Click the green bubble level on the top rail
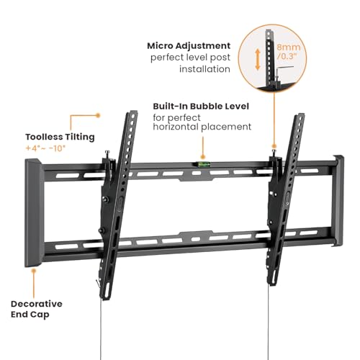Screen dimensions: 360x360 click(x=204, y=164)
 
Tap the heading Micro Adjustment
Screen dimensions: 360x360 click(x=189, y=46)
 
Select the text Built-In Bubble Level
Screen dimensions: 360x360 click(x=201, y=106)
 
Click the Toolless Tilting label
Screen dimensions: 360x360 click(x=60, y=138)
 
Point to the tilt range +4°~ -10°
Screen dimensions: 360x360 click(x=45, y=148)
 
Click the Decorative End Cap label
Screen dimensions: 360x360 click(x=37, y=309)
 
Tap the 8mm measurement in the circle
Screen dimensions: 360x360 click(x=289, y=47)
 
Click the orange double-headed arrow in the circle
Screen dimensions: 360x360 click(x=258, y=60)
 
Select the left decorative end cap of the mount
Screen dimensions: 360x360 click(x=35, y=212)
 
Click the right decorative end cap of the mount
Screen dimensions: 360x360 click(x=338, y=201)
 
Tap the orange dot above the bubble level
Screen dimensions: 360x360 click(x=203, y=157)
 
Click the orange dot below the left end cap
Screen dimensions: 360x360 click(x=34, y=271)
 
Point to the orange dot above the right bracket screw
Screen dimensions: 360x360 click(x=274, y=146)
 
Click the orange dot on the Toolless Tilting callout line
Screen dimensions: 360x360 click(x=98, y=115)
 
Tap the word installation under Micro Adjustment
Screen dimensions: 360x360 click(x=204, y=69)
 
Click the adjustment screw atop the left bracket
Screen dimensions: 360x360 click(x=107, y=154)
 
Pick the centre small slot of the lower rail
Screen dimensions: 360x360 click(x=196, y=239)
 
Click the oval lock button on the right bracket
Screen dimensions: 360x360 click(x=287, y=198)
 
